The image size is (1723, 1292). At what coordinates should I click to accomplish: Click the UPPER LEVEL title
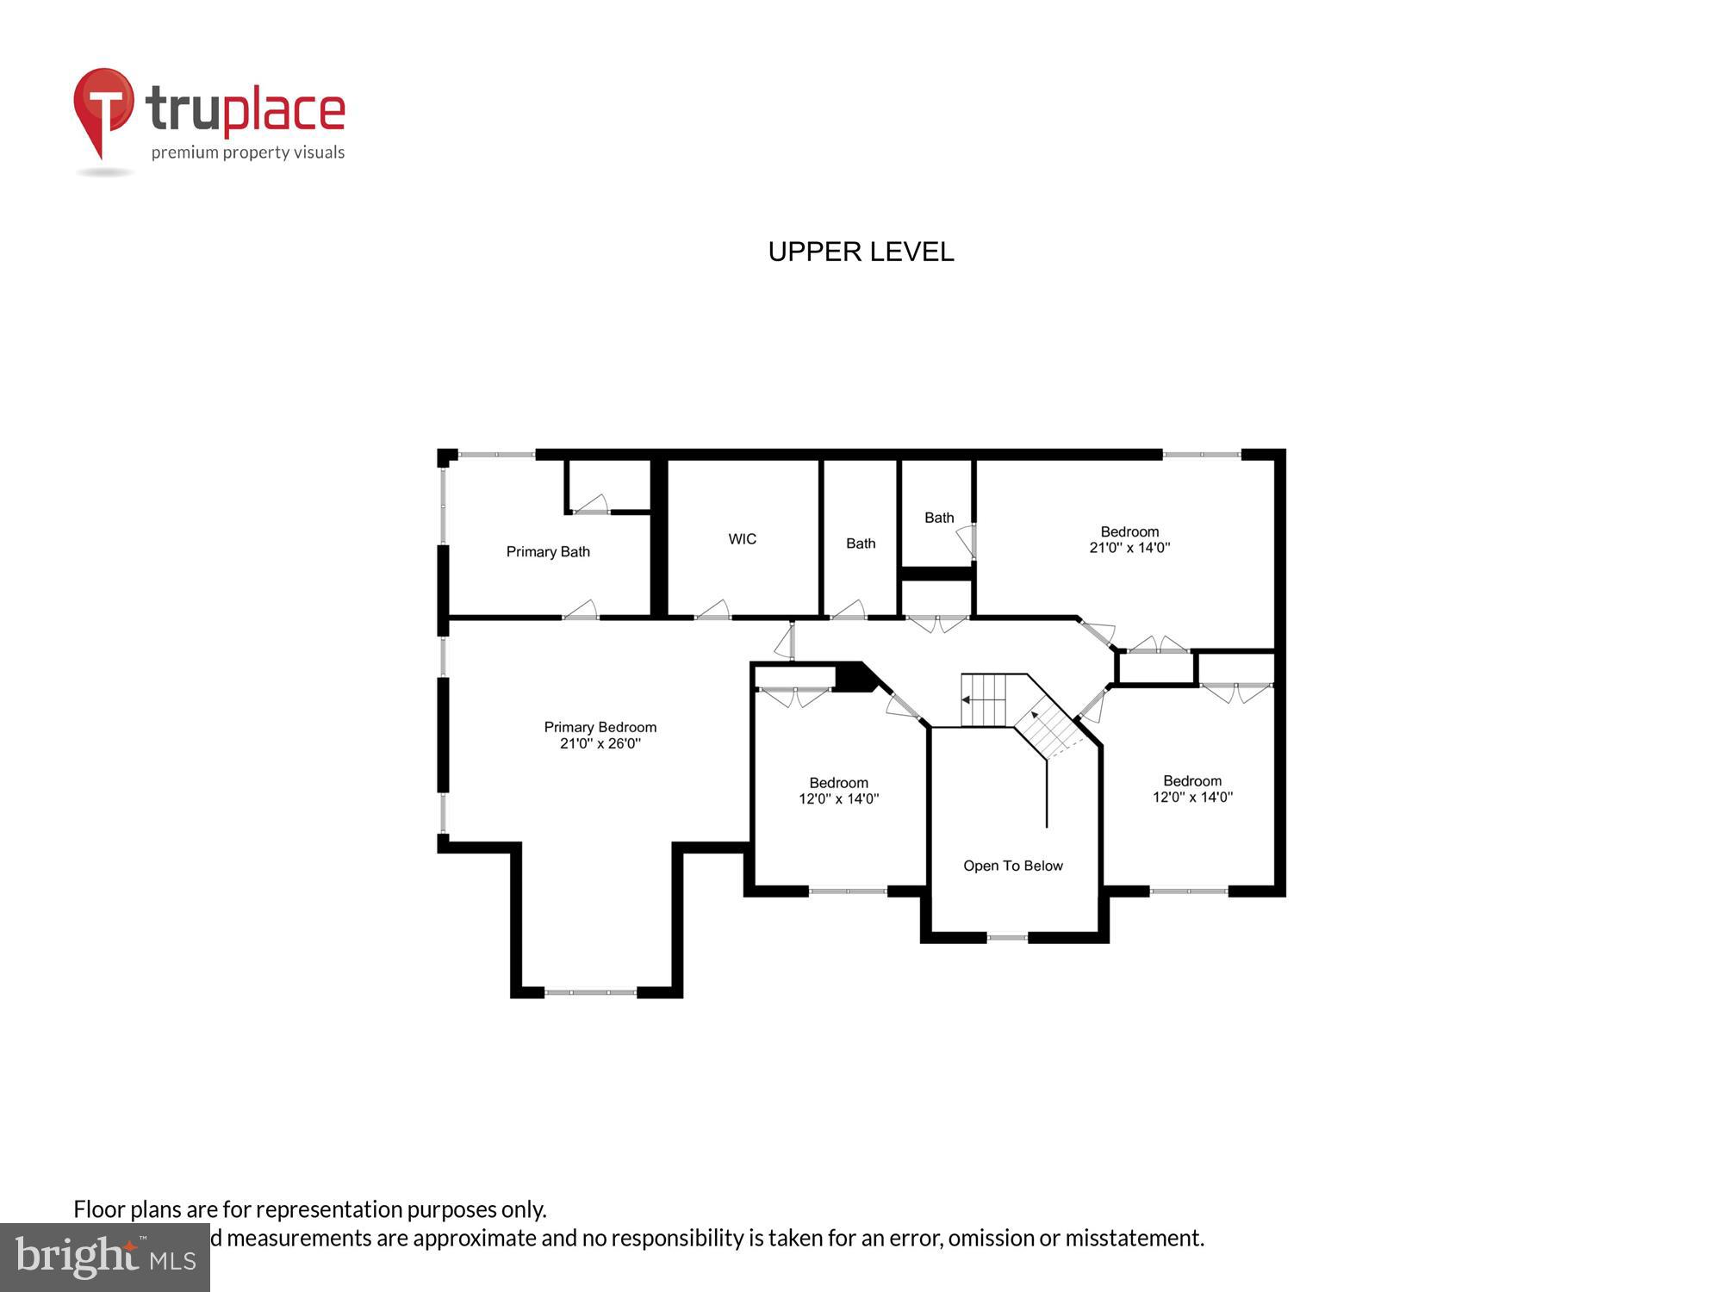click(x=861, y=252)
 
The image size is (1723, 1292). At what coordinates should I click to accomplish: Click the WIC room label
click(x=742, y=539)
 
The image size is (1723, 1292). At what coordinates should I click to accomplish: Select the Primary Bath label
click(x=548, y=552)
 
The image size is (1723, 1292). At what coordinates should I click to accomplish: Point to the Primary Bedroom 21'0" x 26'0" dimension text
click(x=600, y=743)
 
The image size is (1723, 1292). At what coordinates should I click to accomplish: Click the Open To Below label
click(x=1013, y=866)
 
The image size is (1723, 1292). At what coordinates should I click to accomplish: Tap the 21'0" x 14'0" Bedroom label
click(x=1129, y=539)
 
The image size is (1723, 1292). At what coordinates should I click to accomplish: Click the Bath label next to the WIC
click(x=861, y=544)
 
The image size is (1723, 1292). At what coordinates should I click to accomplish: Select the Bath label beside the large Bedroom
click(x=939, y=518)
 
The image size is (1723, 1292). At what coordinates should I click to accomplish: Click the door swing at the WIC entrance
click(x=714, y=611)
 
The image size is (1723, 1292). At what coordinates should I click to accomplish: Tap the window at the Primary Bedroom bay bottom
click(x=590, y=992)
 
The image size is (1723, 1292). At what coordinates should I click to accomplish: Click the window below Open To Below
click(x=1007, y=936)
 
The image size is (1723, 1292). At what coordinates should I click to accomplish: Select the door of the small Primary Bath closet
click(x=593, y=505)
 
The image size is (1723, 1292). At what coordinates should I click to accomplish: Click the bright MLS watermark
click(x=104, y=1258)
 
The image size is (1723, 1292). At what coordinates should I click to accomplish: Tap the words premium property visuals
click(x=248, y=153)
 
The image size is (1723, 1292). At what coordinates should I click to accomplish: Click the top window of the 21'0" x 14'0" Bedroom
click(x=1202, y=454)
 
